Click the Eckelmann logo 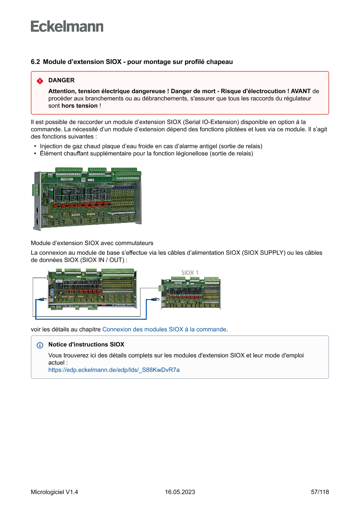click(67, 27)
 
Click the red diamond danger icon click(40, 81)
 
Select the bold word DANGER click(61, 80)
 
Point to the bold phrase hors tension click(80, 106)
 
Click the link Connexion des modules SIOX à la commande click(164, 329)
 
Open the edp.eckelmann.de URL click(114, 370)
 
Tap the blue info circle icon click(40, 345)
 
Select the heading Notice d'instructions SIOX click(86, 344)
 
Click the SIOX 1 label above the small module click(190, 273)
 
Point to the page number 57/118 click(320, 492)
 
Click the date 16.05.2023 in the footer click(180, 492)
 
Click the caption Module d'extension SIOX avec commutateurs click(92, 243)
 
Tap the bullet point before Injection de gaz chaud click(35, 146)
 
